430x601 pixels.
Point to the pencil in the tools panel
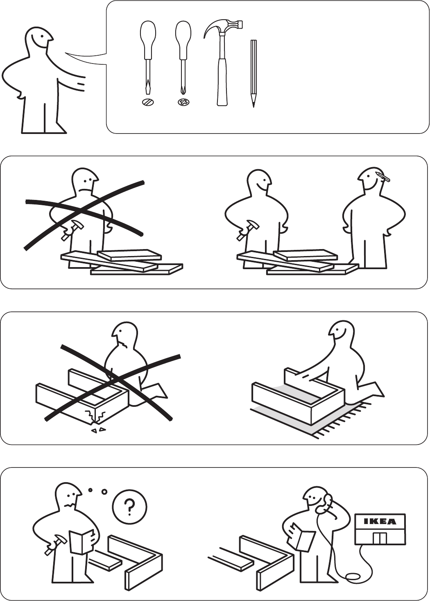[x=253, y=73]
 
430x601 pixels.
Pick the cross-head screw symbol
[x=183, y=102]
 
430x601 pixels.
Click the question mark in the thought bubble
[x=130, y=506]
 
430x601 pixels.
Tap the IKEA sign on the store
[x=380, y=521]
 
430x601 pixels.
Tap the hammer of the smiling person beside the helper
[x=247, y=229]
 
